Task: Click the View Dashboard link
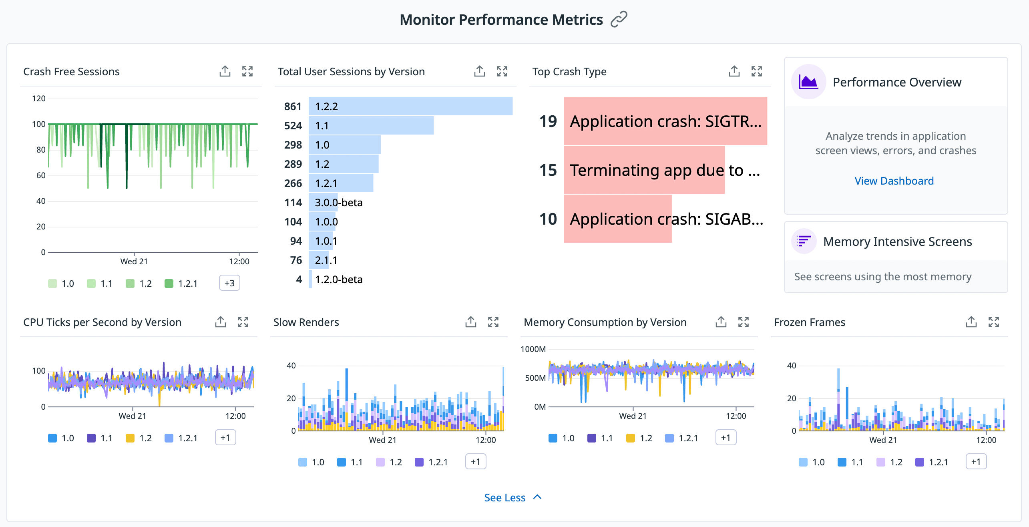click(x=894, y=181)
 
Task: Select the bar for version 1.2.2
click(x=410, y=107)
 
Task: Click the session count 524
click(x=293, y=126)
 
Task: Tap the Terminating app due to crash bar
click(x=644, y=170)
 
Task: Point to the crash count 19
click(x=548, y=121)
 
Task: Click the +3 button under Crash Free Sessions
click(x=229, y=283)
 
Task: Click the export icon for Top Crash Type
click(x=734, y=71)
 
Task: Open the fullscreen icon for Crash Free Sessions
click(x=247, y=71)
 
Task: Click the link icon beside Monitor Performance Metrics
click(x=619, y=19)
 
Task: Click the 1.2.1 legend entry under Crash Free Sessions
click(x=181, y=284)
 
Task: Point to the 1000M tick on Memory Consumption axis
click(x=533, y=349)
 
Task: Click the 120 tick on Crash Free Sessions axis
click(x=39, y=99)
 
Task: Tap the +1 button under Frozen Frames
click(x=976, y=462)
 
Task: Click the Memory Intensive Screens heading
click(x=897, y=241)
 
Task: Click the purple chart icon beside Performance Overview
click(x=808, y=82)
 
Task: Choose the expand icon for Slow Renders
click(x=493, y=322)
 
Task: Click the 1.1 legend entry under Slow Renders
click(x=350, y=462)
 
